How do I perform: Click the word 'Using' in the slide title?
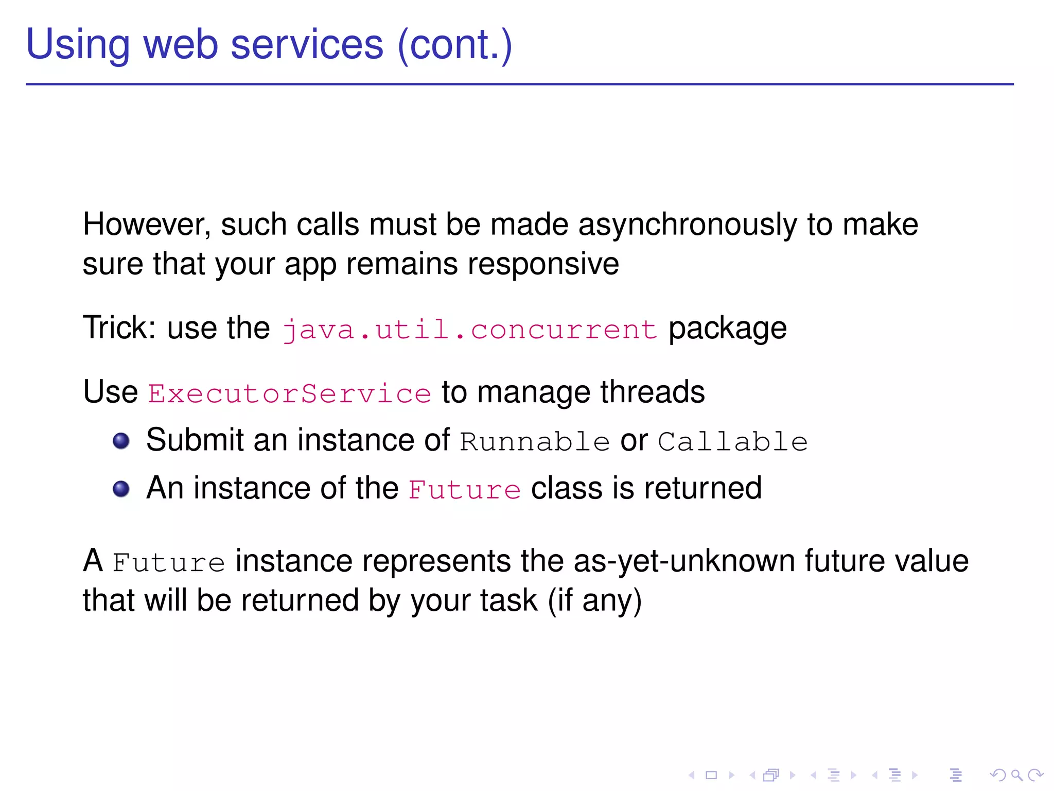click(x=77, y=45)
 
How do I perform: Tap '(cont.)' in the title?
click(x=455, y=45)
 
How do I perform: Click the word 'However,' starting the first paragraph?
click(x=147, y=225)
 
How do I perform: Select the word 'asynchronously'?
click(x=688, y=225)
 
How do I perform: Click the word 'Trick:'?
click(x=119, y=328)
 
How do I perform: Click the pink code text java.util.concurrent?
click(x=469, y=329)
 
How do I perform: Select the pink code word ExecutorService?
click(x=289, y=393)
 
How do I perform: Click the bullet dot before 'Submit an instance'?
click(x=121, y=441)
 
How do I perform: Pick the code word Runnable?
click(x=535, y=442)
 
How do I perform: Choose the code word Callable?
click(x=733, y=442)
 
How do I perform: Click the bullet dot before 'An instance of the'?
click(x=121, y=489)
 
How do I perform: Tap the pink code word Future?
click(x=464, y=490)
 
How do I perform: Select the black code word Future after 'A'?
click(x=168, y=562)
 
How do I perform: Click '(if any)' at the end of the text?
click(x=594, y=601)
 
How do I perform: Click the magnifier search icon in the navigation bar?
click(x=1016, y=775)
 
